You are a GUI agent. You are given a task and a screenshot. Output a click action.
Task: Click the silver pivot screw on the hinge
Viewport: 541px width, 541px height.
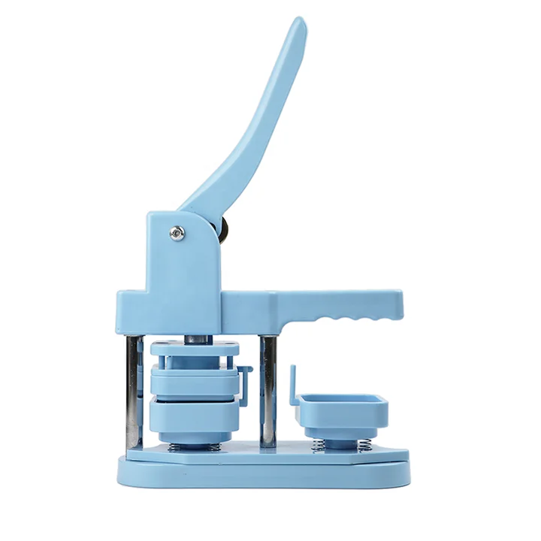pyautogui.click(x=177, y=233)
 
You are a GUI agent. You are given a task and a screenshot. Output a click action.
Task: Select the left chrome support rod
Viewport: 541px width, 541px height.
pyautogui.click(x=134, y=391)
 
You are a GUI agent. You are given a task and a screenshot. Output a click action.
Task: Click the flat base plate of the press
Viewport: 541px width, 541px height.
pyautogui.click(x=263, y=470)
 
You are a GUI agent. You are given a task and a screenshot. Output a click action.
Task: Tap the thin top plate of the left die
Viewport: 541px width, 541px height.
pyautogui.click(x=194, y=349)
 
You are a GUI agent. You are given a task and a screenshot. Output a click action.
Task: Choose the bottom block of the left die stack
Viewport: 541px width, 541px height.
pyautogui.click(x=194, y=416)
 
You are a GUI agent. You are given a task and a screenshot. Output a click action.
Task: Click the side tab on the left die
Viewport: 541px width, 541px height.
pyautogui.click(x=244, y=379)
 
